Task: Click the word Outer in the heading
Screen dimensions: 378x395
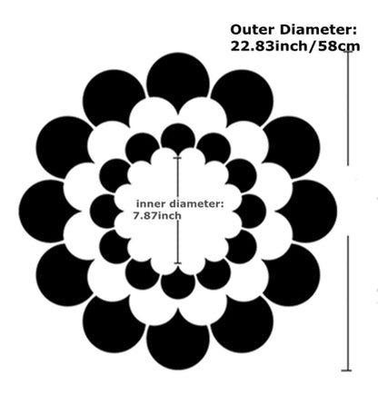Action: pos(253,30)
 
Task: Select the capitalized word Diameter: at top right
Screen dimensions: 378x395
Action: pos(318,30)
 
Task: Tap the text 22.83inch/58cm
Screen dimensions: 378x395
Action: pos(295,46)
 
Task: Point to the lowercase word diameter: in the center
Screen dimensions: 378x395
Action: pos(196,203)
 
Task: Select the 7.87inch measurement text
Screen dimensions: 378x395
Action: pos(157,216)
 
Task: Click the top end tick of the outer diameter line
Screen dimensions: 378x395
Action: pos(348,52)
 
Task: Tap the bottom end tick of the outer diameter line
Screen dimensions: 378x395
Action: pos(347,370)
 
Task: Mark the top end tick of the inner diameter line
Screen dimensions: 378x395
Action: pos(177,158)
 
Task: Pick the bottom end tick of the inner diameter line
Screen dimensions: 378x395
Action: pos(178,263)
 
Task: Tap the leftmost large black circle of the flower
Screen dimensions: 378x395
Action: pos(48,212)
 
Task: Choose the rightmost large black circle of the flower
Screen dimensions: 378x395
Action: pos(307,212)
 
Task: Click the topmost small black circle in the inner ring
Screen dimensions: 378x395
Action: pos(178,139)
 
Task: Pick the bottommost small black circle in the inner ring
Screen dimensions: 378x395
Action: pos(178,284)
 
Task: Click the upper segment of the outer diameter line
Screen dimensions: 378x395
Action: pos(348,108)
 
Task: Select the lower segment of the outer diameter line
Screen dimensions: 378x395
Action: pos(347,303)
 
